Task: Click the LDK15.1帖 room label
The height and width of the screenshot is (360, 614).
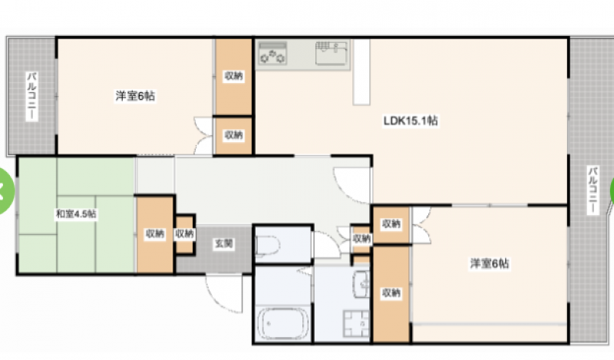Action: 411,121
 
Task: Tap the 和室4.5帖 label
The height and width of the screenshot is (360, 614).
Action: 76,214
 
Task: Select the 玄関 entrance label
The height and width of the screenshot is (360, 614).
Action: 224,243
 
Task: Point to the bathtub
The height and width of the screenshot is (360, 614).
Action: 282,324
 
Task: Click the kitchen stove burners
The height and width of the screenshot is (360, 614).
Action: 272,54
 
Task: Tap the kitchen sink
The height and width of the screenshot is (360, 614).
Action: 332,53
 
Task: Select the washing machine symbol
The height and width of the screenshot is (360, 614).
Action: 356,324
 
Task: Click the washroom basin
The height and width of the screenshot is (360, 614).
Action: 361,284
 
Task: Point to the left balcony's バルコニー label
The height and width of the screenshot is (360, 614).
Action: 31,97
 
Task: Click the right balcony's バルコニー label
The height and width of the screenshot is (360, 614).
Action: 593,190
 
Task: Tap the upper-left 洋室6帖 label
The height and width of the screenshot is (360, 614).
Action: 135,96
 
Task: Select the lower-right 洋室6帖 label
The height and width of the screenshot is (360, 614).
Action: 490,263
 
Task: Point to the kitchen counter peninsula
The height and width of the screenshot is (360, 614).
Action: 361,72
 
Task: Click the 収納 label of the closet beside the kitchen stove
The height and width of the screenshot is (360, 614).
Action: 233,76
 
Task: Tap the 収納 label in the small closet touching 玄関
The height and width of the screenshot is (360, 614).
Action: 184,234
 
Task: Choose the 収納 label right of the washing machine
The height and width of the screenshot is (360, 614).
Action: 391,292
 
